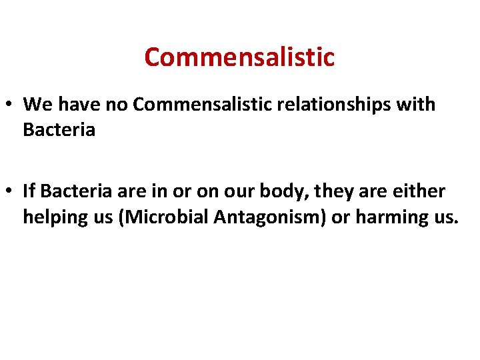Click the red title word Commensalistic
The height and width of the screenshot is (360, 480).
(x=239, y=57)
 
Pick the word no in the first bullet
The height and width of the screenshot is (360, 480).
(x=119, y=105)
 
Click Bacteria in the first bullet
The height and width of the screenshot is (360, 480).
(x=59, y=129)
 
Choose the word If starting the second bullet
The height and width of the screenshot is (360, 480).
(x=29, y=192)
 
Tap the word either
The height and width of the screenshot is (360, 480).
(x=421, y=192)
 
